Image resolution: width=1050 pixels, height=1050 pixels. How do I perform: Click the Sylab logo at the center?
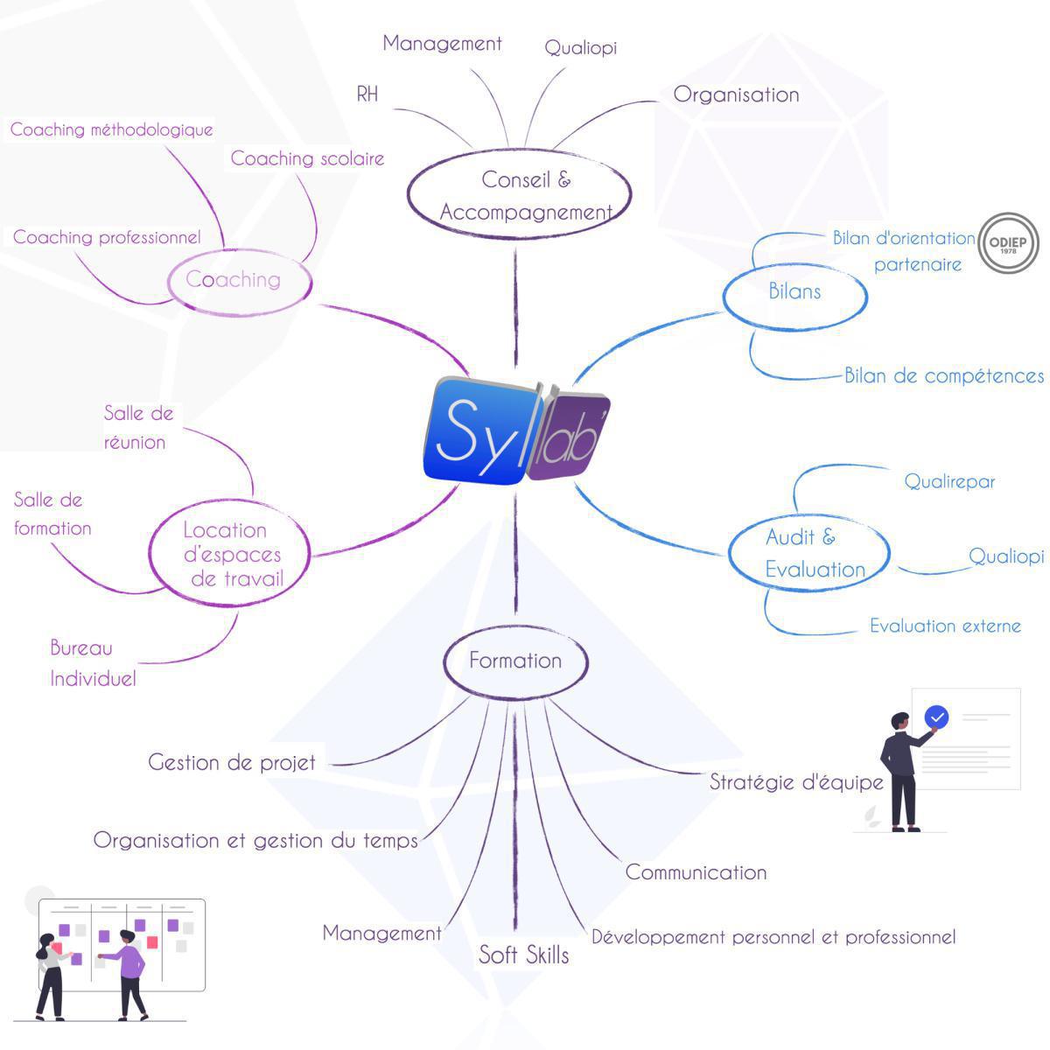[x=516, y=430]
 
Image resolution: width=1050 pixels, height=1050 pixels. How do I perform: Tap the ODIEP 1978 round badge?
[x=1007, y=244]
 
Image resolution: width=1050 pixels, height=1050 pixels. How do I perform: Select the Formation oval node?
[x=515, y=661]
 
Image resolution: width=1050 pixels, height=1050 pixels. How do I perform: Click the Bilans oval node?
[x=794, y=292]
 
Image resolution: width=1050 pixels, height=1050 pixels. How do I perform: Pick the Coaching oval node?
[x=238, y=280]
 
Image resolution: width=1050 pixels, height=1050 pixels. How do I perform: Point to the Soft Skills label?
[x=523, y=955]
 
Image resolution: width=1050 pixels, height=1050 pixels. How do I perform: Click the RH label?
[x=367, y=94]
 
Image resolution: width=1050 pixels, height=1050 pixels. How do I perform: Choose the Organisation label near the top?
[x=736, y=94]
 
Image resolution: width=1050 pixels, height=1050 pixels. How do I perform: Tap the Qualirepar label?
[x=949, y=481]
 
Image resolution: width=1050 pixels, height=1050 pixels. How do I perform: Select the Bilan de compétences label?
[x=943, y=376]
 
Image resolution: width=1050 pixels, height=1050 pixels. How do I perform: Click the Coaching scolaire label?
[x=307, y=158]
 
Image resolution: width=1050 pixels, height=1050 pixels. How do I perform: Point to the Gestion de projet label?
[x=232, y=762]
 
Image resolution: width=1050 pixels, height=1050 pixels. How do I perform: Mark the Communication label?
[x=696, y=872]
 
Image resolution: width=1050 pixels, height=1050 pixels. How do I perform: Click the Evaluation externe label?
[x=945, y=626]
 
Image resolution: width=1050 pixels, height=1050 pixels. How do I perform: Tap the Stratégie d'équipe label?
[x=796, y=781]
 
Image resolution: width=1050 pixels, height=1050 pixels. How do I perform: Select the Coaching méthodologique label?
[x=111, y=130]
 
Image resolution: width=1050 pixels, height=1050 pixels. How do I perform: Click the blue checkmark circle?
[x=936, y=717]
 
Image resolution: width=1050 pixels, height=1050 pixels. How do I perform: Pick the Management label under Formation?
[x=381, y=933]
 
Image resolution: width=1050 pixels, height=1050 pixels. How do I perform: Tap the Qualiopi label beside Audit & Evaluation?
[x=1006, y=556]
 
